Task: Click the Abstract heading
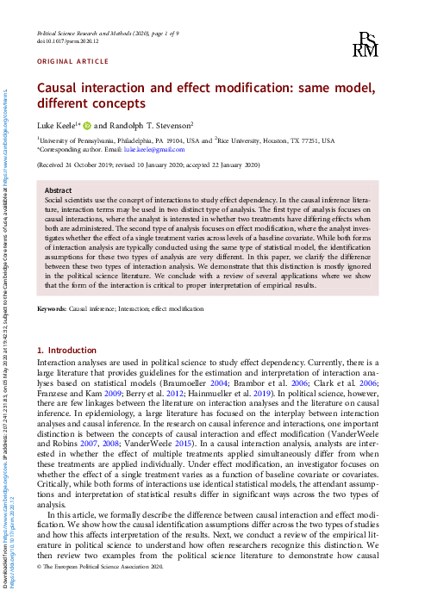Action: pos(58,190)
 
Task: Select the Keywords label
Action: pos(51,308)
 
